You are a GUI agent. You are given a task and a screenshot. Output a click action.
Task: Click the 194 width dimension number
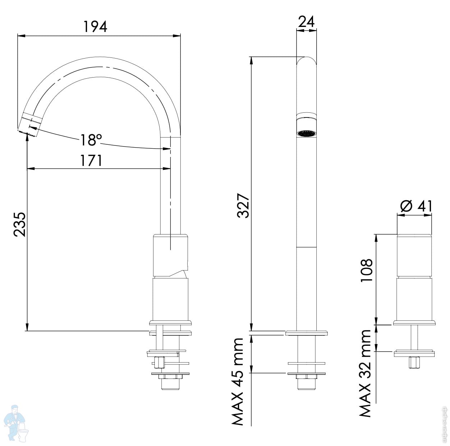(x=95, y=27)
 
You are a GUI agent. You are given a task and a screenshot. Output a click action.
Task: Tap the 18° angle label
(x=91, y=140)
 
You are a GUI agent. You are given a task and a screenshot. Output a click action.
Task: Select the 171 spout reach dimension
(x=91, y=160)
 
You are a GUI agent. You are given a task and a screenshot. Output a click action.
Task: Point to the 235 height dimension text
(x=20, y=224)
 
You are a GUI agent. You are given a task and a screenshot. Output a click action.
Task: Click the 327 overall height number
(x=243, y=205)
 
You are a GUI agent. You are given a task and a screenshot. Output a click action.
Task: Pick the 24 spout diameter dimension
(x=306, y=22)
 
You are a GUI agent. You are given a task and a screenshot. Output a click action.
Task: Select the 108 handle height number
(x=366, y=270)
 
